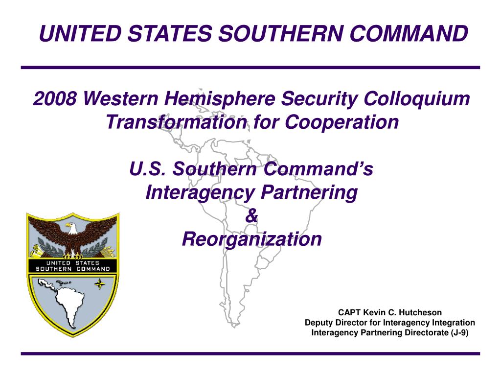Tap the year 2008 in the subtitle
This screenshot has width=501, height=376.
point(55,98)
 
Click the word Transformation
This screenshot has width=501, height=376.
point(177,122)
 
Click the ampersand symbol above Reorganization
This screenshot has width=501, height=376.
point(251,215)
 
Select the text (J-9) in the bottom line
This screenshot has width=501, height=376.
point(459,332)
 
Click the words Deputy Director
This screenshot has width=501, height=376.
point(342,323)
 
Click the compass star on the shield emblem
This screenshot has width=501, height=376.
point(100,283)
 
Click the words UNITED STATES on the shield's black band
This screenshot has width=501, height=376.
point(73,262)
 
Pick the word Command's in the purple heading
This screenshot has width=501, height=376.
point(318,168)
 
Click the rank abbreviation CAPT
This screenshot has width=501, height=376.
point(349,312)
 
